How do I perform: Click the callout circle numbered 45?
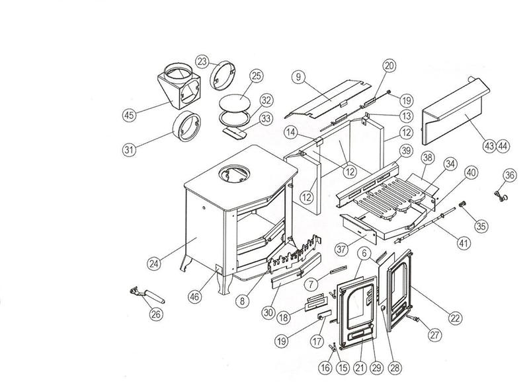pyautogui.click(x=129, y=115)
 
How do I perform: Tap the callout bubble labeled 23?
pyautogui.click(x=202, y=61)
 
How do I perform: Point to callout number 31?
pyautogui.click(x=129, y=149)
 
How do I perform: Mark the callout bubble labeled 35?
pyautogui.click(x=481, y=225)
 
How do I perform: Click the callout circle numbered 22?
pyautogui.click(x=454, y=318)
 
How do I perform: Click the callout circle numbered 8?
pyautogui.click(x=243, y=301)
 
